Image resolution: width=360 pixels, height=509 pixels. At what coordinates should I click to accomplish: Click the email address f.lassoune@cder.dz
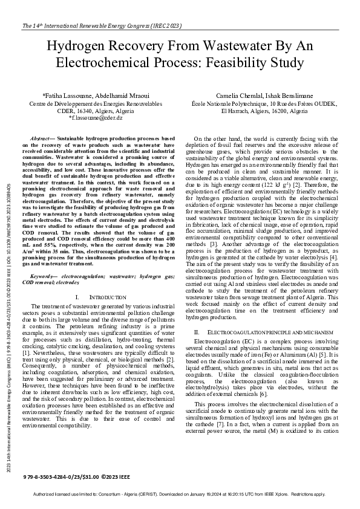coord(96,118)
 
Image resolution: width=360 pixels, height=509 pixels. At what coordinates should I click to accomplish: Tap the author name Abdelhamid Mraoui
coord(122,96)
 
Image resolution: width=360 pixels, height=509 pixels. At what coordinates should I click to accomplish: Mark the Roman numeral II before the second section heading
coord(197,332)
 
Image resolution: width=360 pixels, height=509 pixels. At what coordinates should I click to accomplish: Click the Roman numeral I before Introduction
coord(78,297)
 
